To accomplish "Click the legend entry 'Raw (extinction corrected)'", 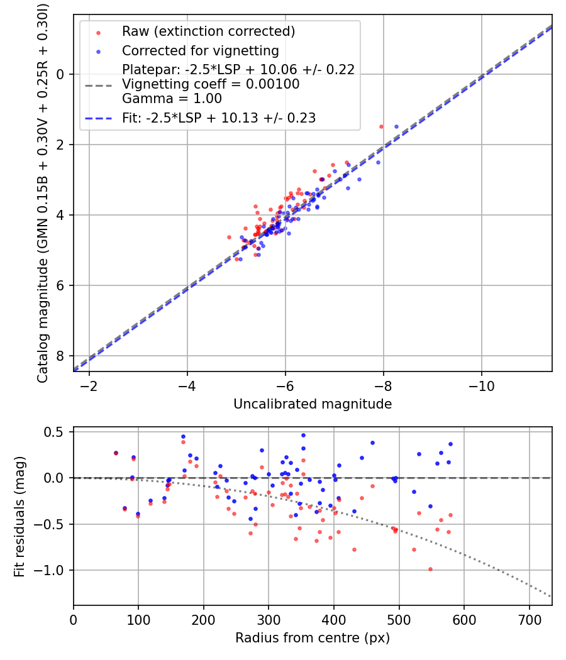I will [208, 31].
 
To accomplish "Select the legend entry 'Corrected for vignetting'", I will [200, 50].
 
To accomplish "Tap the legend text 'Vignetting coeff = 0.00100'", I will [211, 84].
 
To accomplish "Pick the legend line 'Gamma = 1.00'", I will [172, 98].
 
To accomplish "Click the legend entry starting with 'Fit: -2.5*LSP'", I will [219, 118].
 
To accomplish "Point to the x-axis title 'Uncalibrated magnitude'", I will [313, 404].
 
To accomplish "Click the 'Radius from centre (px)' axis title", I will [313, 638].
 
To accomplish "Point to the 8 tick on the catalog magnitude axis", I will [61, 356].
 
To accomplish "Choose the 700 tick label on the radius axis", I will [529, 619].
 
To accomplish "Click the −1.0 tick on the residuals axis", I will [52, 570].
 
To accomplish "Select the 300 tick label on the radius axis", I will [269, 619].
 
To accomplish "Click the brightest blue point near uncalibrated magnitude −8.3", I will [396, 126].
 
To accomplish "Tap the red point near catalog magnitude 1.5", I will [381, 126].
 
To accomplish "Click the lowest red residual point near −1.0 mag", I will [430, 569].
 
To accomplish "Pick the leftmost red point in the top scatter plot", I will [229, 237].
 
